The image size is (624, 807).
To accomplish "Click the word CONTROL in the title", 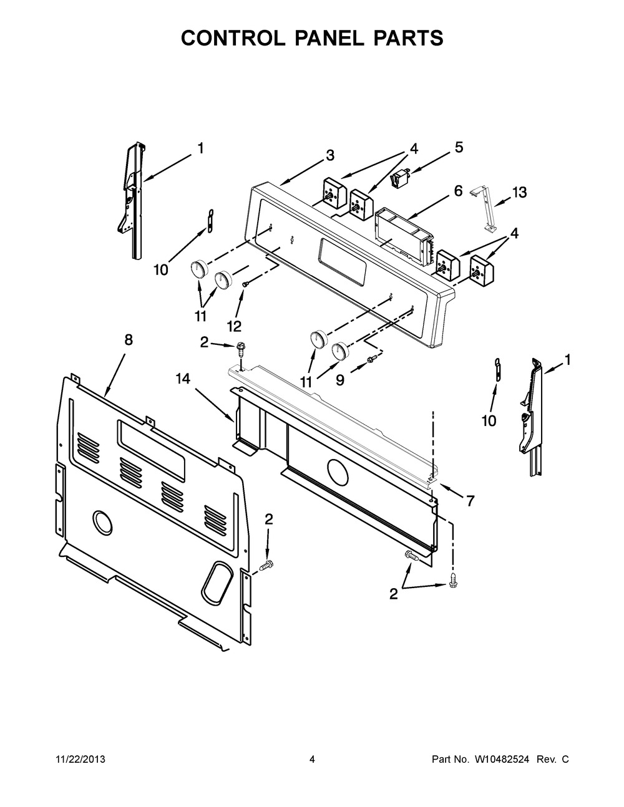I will tap(236, 38).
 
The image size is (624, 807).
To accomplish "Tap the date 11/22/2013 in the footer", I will tap(77, 760).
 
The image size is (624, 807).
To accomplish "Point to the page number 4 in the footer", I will tap(312, 760).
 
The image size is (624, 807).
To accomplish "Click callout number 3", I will tap(329, 155).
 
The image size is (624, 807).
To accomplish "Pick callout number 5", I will tap(459, 148).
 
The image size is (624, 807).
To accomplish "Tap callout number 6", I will tap(458, 191).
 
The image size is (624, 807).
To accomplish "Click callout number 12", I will tap(234, 326).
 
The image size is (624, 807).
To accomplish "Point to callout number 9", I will tap(339, 380).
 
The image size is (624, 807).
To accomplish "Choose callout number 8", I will tap(128, 340).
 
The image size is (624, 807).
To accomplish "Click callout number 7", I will tap(470, 500).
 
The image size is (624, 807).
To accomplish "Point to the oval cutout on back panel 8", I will tap(214, 578).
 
